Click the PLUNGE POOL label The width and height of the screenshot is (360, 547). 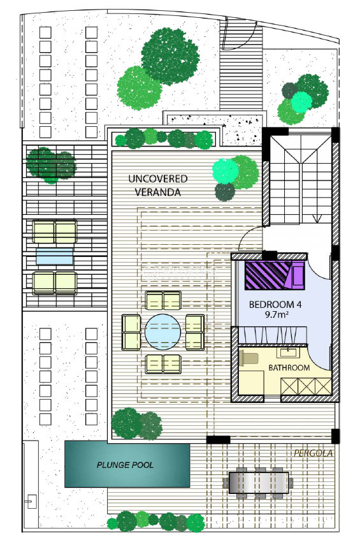[125, 465]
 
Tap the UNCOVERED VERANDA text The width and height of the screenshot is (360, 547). [158, 186]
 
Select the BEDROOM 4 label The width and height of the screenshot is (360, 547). [275, 304]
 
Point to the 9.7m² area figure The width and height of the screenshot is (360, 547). [276, 314]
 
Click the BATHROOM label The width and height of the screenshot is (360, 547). [289, 367]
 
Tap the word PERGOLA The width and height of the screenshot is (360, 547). [313, 453]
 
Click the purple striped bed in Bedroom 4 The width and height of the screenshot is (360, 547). [275, 275]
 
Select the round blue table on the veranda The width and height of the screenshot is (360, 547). [162, 332]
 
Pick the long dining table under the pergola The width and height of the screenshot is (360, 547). [259, 483]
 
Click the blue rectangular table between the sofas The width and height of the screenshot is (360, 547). [55, 256]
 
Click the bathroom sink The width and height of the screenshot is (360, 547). [288, 352]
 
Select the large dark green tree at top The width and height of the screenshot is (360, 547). [170, 57]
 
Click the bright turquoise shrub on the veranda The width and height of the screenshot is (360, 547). [226, 171]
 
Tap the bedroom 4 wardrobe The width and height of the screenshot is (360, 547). [273, 335]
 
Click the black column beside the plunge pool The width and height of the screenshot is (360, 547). [218, 439]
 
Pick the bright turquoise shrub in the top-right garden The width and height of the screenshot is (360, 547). [301, 101]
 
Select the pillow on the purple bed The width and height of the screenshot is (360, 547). [298, 275]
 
